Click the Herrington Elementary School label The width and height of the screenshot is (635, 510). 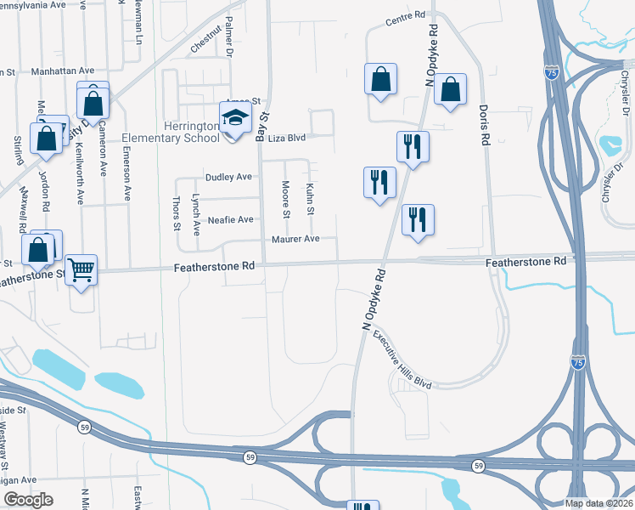pyautogui.click(x=171, y=130)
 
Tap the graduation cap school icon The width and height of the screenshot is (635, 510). pyautogui.click(x=235, y=118)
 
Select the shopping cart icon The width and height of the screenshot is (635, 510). pyautogui.click(x=81, y=270)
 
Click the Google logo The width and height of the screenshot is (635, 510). pyautogui.click(x=28, y=500)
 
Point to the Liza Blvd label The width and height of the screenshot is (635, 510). pyautogui.click(x=287, y=137)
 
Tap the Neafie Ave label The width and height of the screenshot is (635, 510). pyautogui.click(x=231, y=219)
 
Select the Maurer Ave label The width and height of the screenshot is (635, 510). pyautogui.click(x=295, y=239)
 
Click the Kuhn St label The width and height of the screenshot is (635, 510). pyautogui.click(x=311, y=199)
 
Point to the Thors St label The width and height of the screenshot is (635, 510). pyautogui.click(x=177, y=213)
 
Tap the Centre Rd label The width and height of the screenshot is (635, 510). pyautogui.click(x=405, y=18)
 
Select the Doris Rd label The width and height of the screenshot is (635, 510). pyautogui.click(x=484, y=122)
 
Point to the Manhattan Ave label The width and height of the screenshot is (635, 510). pyautogui.click(x=62, y=71)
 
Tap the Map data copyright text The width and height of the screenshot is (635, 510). pyautogui.click(x=598, y=503)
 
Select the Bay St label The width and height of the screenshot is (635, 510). pyautogui.click(x=263, y=127)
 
